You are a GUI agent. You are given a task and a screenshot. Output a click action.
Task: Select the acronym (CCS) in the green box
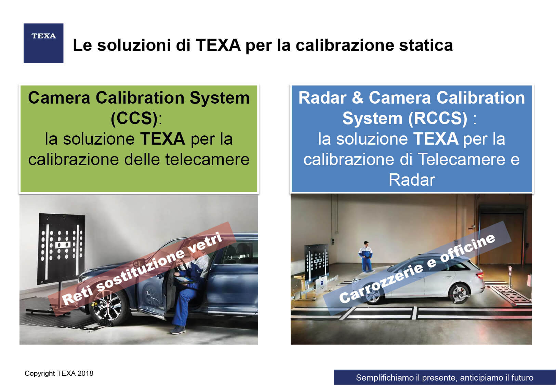point(134,118)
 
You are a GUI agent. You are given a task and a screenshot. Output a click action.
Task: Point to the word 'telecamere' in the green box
point(207,159)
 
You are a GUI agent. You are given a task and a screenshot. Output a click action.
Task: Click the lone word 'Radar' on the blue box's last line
point(412,180)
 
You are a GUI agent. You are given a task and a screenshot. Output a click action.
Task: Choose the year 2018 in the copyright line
point(85,373)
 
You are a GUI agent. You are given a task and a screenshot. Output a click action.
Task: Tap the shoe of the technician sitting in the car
point(178,330)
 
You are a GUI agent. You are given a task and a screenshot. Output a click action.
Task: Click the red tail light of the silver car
point(480,275)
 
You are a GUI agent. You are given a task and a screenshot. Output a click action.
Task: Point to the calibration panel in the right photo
point(317,262)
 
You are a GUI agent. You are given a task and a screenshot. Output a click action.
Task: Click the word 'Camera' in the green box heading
point(59,98)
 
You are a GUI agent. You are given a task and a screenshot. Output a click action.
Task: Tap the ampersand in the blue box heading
point(358,98)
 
